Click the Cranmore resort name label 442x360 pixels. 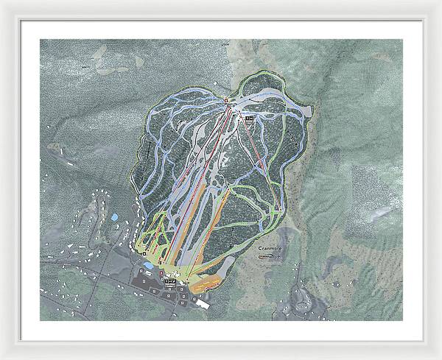(271, 250)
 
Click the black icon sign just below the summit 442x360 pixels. (248, 117)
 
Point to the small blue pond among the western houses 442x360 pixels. (114, 218)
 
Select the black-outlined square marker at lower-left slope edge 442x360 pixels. (144, 253)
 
